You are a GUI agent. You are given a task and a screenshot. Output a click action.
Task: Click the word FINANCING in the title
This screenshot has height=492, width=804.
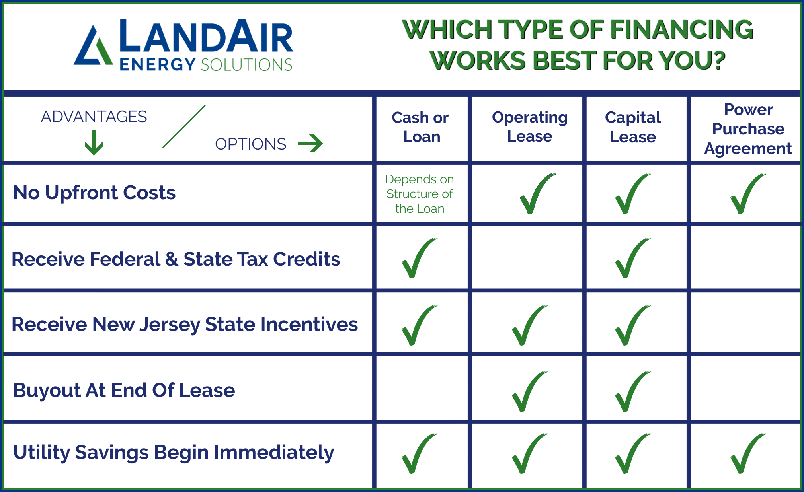point(681,30)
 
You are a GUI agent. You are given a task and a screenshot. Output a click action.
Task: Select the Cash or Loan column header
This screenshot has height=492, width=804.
point(421,127)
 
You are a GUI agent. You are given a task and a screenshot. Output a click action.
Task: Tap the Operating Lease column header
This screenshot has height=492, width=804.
point(530,126)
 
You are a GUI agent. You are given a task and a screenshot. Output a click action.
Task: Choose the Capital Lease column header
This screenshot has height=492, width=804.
point(633,127)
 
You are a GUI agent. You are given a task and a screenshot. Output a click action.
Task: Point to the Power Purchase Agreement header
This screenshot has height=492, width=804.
point(748,128)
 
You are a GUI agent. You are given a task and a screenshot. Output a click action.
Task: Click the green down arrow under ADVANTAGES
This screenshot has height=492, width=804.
point(94,142)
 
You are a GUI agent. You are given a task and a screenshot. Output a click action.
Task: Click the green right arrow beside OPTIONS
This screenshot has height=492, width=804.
point(310,144)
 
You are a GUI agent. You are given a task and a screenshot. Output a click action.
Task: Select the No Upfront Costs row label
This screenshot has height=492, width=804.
point(94,193)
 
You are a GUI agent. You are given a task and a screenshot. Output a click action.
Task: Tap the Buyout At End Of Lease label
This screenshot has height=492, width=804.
point(124,390)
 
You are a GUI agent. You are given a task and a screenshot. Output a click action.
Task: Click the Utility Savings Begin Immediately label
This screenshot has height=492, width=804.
point(174,453)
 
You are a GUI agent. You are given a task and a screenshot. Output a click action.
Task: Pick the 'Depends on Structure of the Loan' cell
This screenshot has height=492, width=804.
point(420,194)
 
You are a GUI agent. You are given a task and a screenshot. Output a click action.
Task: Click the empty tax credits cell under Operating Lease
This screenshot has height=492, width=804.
point(527,258)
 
